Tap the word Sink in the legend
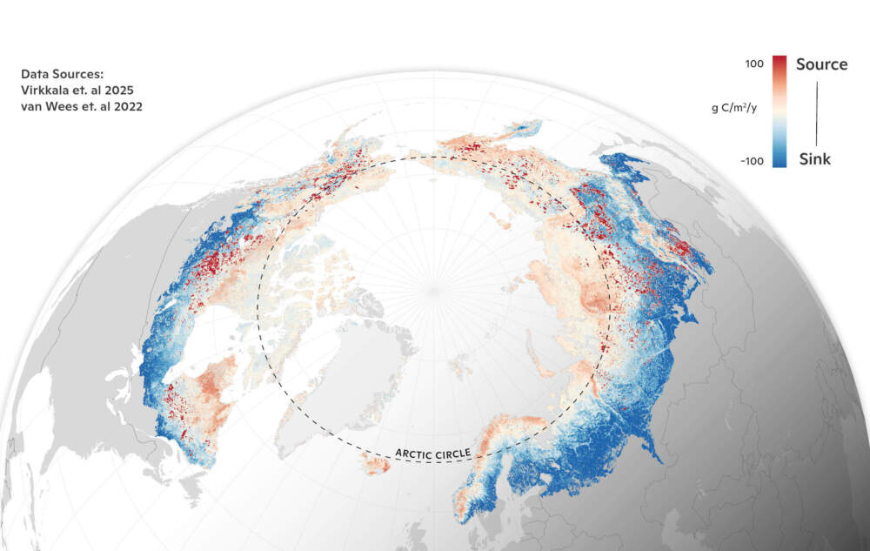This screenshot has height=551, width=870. coord(814,159)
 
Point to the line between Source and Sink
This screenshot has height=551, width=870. coord(816,111)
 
